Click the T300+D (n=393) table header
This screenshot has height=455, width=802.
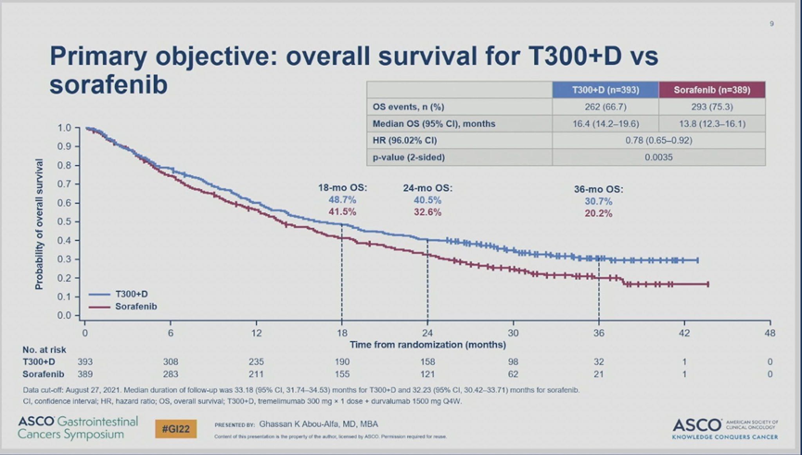coord(605,90)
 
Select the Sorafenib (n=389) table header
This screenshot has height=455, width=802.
coord(712,90)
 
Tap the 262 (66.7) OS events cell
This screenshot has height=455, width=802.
coord(605,107)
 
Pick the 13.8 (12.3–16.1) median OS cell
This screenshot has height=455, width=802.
coord(712,123)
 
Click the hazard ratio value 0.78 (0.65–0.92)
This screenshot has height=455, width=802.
coord(658,140)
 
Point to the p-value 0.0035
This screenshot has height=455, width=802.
coord(658,157)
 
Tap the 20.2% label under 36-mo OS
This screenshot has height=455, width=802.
coord(598,213)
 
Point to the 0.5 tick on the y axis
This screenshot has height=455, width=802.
coord(63,221)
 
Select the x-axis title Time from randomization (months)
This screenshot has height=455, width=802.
coord(426,344)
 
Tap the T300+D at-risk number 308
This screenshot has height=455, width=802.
coord(170,360)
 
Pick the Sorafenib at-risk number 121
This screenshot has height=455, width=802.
coord(426,373)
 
